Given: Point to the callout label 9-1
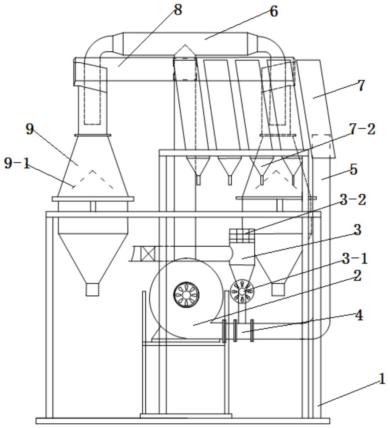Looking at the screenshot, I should pos(17,164).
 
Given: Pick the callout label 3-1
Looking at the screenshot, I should pos(355,259).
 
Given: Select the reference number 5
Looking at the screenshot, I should pos(353,170).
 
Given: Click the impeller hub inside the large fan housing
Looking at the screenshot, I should pos(186,295).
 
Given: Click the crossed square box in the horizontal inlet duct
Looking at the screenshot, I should pos(148,253).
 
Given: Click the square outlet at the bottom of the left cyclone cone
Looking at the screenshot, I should pos(92,290).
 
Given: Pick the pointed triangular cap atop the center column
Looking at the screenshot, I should pos(185,51).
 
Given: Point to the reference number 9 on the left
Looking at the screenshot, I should pos(29,129).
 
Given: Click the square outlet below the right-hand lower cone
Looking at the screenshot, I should pos(278,290).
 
